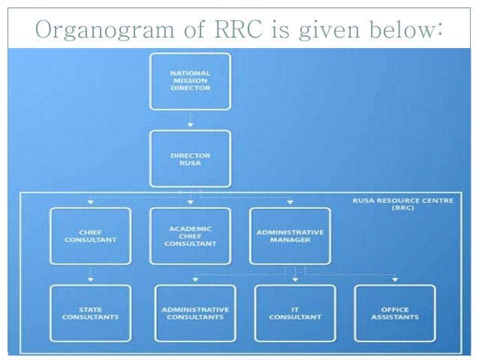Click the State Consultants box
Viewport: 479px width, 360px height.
pos(89,313)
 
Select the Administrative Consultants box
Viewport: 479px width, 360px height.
pos(195,313)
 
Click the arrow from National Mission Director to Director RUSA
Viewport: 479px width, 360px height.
pos(190,120)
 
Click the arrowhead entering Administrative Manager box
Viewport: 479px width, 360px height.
pos(290,202)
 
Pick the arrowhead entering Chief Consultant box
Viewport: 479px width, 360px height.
pos(90,202)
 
